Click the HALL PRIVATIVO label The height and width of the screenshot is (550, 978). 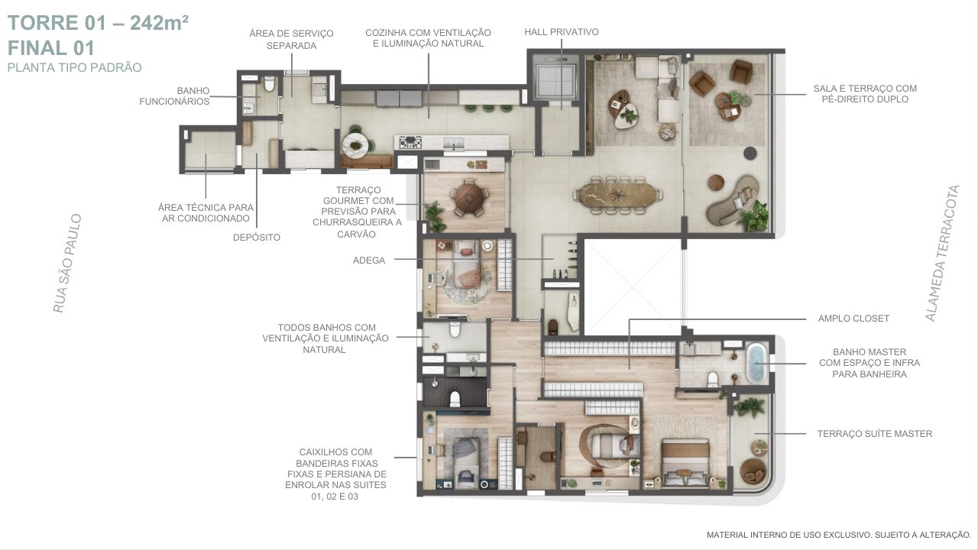562,32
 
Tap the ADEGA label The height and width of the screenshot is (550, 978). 369,260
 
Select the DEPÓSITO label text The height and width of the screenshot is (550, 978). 257,238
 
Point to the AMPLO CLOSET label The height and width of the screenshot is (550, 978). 853,319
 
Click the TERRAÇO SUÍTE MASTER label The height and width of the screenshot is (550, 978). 875,434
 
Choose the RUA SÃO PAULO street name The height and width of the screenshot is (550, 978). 67,264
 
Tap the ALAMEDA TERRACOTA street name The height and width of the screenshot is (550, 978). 943,254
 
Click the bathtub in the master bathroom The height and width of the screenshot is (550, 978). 756,363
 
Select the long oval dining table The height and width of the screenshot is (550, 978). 617,195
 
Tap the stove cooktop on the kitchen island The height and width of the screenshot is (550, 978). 410,142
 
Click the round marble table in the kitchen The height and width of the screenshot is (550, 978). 355,145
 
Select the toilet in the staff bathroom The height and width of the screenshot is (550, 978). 270,83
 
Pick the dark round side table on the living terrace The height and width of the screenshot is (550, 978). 750,153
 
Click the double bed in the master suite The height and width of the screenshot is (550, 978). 685,463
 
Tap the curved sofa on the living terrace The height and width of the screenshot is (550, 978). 731,200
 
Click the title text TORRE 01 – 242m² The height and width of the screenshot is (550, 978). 99,23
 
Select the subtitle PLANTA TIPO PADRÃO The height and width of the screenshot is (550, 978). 75,68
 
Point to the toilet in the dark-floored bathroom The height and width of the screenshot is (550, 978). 455,399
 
